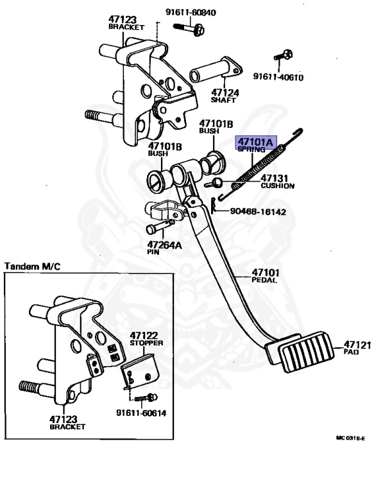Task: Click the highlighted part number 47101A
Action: point(256,142)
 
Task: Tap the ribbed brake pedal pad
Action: point(307,351)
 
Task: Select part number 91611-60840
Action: point(191,13)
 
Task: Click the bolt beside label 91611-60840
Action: point(189,29)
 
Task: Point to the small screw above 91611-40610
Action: point(283,55)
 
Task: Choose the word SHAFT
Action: point(223,100)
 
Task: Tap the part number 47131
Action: point(274,178)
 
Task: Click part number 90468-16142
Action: point(258,212)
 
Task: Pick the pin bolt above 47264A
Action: point(160,226)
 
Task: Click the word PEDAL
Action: point(264,280)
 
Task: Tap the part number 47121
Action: point(357,345)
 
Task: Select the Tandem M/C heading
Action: point(32,266)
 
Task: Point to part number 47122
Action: point(144,336)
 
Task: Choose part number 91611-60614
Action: point(141,413)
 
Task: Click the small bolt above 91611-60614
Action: point(146,398)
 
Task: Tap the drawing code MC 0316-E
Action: point(350,438)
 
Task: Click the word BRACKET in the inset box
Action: point(67,427)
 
